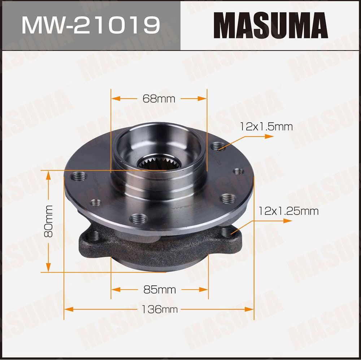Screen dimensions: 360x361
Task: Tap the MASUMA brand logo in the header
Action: tap(270, 25)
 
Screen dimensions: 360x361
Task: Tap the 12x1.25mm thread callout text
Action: tap(288, 211)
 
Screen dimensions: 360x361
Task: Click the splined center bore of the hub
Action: tap(159, 164)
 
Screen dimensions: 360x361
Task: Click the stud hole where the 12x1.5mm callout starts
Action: tap(218, 146)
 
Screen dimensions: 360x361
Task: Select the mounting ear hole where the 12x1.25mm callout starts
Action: tap(227, 233)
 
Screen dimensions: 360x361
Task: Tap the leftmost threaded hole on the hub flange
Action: tap(79, 176)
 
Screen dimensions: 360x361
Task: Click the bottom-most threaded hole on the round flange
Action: tap(138, 218)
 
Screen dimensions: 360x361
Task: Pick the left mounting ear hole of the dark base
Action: tap(93, 236)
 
